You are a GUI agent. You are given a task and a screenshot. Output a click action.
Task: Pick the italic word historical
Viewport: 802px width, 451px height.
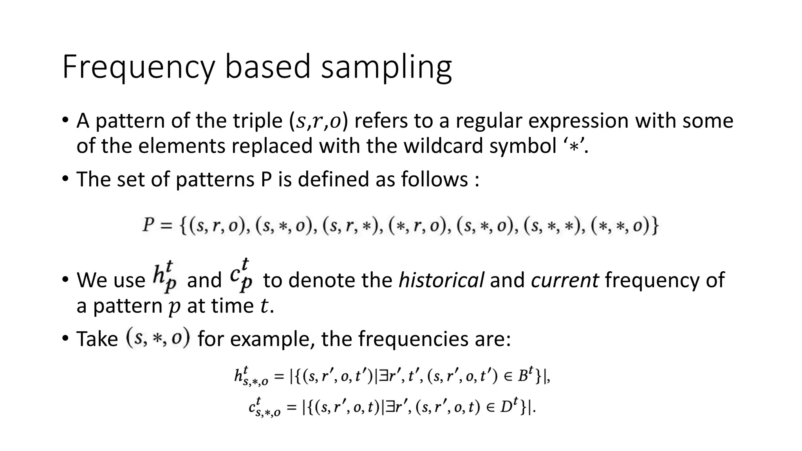click(441, 280)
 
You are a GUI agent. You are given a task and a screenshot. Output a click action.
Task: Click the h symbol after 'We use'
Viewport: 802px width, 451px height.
click(164, 278)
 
